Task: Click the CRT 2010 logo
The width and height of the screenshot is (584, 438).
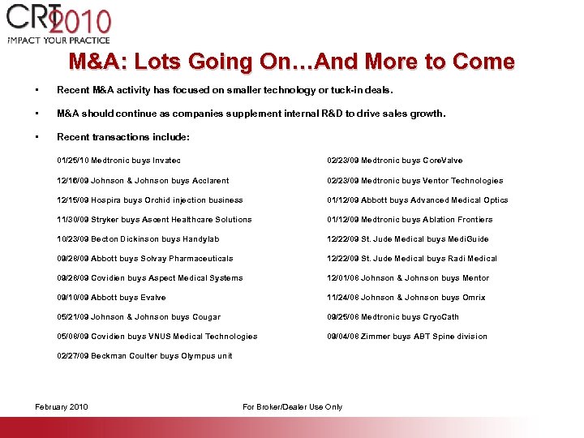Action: click(x=58, y=24)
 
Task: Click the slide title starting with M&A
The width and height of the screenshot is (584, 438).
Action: click(x=291, y=62)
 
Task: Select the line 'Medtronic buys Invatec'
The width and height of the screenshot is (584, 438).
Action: click(x=118, y=161)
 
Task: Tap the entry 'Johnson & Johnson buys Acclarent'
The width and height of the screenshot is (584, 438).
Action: click(x=143, y=181)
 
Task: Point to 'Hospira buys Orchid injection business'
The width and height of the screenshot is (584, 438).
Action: click(x=149, y=200)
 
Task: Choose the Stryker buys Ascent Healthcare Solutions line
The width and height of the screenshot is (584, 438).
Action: click(x=154, y=220)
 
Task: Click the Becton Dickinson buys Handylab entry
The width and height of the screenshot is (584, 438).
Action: click(x=138, y=239)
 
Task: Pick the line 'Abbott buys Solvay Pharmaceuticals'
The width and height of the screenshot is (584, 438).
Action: click(x=144, y=259)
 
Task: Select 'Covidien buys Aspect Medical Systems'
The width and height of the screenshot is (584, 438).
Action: click(x=149, y=278)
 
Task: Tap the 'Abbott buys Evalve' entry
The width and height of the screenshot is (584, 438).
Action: click(x=111, y=298)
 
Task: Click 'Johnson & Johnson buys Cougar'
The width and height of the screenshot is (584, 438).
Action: click(x=138, y=317)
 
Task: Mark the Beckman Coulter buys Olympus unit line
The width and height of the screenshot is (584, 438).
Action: click(x=144, y=356)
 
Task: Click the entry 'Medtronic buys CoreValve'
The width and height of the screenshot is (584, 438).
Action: click(x=394, y=161)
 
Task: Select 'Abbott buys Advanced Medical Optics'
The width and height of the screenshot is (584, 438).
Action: click(x=417, y=200)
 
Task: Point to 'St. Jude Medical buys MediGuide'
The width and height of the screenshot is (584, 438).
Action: click(x=407, y=239)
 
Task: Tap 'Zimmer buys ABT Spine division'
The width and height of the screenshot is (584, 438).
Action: click(x=406, y=337)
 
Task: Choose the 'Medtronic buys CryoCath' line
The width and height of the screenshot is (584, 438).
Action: click(x=393, y=317)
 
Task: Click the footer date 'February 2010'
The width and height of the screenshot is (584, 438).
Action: click(x=62, y=407)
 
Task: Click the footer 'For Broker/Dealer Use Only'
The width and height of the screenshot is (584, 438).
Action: click(x=292, y=407)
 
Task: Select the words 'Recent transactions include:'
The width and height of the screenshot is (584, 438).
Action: click(x=122, y=137)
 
